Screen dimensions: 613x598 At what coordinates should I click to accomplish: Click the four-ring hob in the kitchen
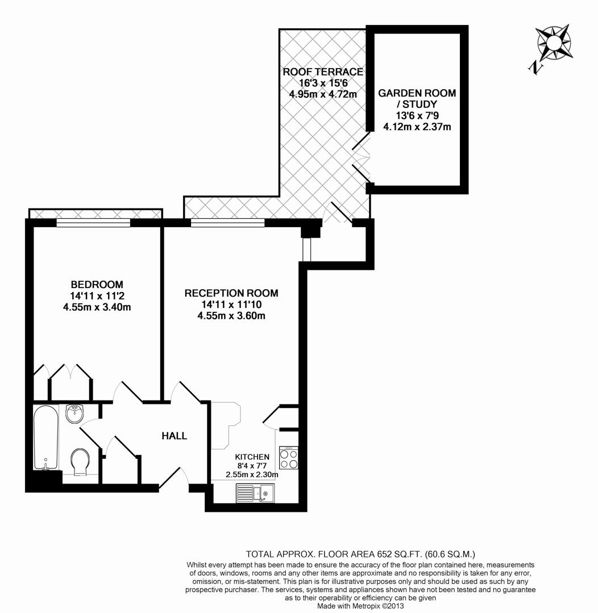(x=288, y=458)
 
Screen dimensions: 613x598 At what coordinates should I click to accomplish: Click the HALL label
(x=175, y=436)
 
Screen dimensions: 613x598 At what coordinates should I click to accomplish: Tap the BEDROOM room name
(x=97, y=284)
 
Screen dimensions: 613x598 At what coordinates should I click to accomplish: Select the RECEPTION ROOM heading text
(x=231, y=293)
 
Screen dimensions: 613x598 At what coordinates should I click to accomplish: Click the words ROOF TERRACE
(x=323, y=72)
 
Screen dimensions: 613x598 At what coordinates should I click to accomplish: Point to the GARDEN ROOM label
(x=417, y=93)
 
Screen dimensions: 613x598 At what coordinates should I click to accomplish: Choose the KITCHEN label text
(x=252, y=457)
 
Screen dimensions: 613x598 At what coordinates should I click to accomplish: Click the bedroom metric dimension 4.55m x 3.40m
(x=97, y=307)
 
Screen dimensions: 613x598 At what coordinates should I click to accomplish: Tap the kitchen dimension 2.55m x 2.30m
(x=252, y=474)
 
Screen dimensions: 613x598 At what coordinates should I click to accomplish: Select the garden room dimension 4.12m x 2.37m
(x=417, y=127)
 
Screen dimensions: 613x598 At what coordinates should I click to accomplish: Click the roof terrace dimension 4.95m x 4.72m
(x=323, y=94)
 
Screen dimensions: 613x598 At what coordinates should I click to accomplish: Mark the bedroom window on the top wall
(x=93, y=223)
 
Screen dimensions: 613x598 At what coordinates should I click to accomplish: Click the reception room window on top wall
(x=227, y=223)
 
